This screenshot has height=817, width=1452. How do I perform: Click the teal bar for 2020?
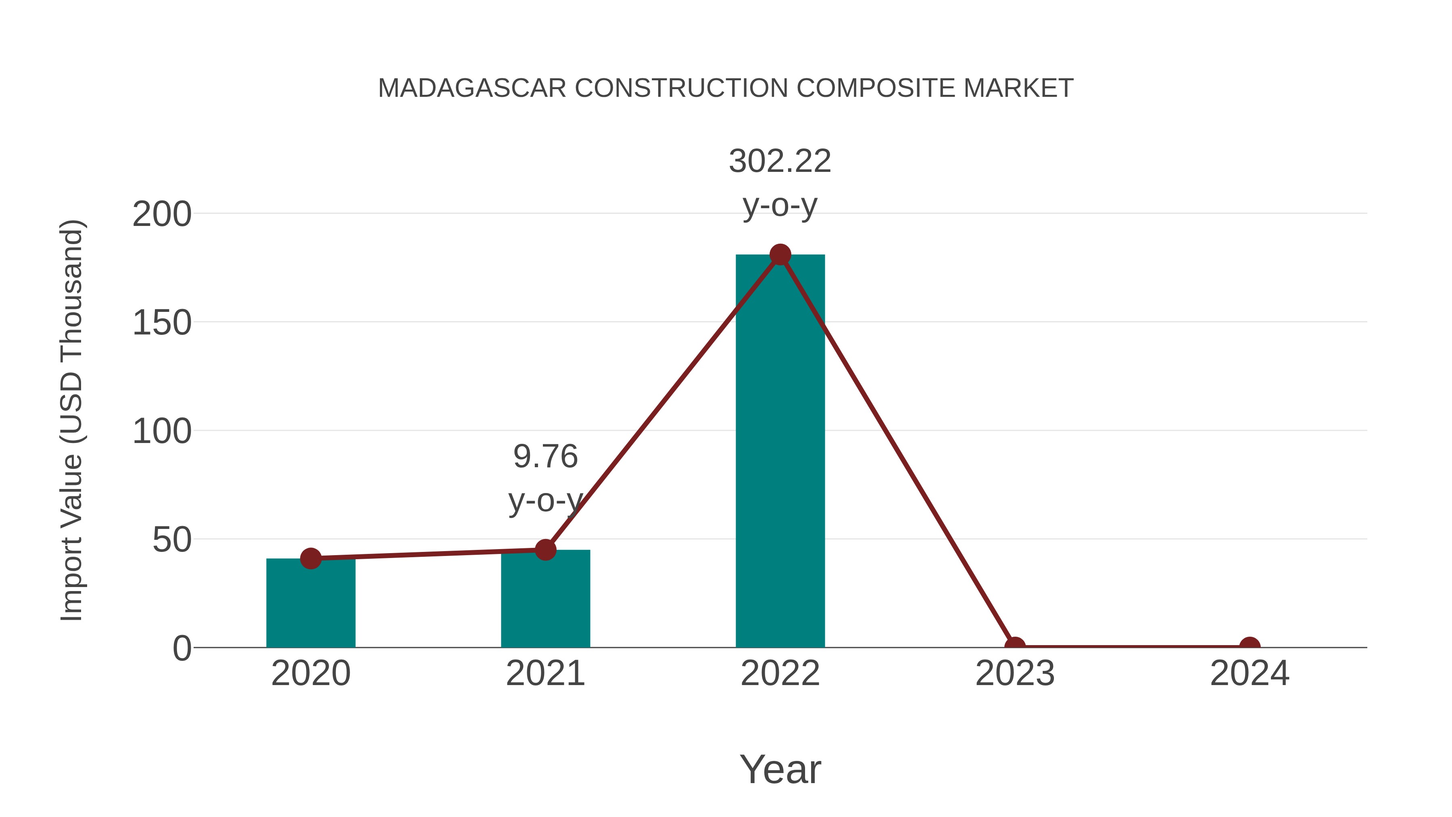click(311, 603)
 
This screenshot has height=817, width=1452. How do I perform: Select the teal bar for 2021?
click(545, 599)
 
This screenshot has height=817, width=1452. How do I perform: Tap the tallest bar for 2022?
click(780, 451)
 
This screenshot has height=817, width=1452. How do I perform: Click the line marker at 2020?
click(311, 558)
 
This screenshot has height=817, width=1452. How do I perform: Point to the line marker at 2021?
click(545, 550)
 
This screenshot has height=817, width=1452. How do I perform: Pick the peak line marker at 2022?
click(780, 255)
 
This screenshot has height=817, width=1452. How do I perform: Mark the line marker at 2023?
click(1015, 646)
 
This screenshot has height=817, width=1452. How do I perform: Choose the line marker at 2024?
click(1250, 646)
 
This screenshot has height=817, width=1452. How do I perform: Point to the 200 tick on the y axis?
click(162, 214)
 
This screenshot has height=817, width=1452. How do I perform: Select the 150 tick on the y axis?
click(162, 323)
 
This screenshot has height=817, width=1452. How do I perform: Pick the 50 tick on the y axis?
click(172, 540)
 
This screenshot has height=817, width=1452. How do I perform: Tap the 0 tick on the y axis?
click(182, 648)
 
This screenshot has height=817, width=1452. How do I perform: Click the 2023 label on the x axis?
click(1015, 673)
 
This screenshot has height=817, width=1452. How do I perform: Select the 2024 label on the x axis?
click(1250, 673)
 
